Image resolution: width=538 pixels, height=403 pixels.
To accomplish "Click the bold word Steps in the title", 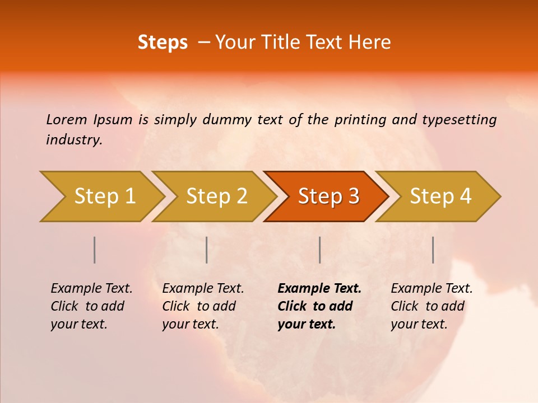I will (163, 43).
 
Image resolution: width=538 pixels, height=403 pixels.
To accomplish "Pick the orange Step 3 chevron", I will (328, 196).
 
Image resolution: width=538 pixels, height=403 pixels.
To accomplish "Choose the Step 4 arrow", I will (440, 196).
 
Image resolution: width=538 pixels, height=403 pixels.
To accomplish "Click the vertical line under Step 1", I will (95, 250).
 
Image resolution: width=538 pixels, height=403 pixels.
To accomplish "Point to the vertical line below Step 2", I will (207, 250).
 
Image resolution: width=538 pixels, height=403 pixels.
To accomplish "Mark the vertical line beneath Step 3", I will (319, 250).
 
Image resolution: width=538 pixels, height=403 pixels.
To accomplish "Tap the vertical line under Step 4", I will (433, 250).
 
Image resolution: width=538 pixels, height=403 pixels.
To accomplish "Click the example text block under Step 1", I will (91, 306).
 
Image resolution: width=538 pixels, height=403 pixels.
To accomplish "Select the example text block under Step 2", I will (203, 306).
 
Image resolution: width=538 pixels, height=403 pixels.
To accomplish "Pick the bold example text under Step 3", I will (319, 306).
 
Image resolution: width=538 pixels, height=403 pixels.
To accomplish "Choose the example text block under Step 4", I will (432, 306).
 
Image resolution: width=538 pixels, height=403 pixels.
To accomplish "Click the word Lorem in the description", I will (67, 119).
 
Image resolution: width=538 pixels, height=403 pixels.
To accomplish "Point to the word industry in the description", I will (73, 140).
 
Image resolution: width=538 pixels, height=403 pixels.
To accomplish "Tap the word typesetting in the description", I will (459, 120).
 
